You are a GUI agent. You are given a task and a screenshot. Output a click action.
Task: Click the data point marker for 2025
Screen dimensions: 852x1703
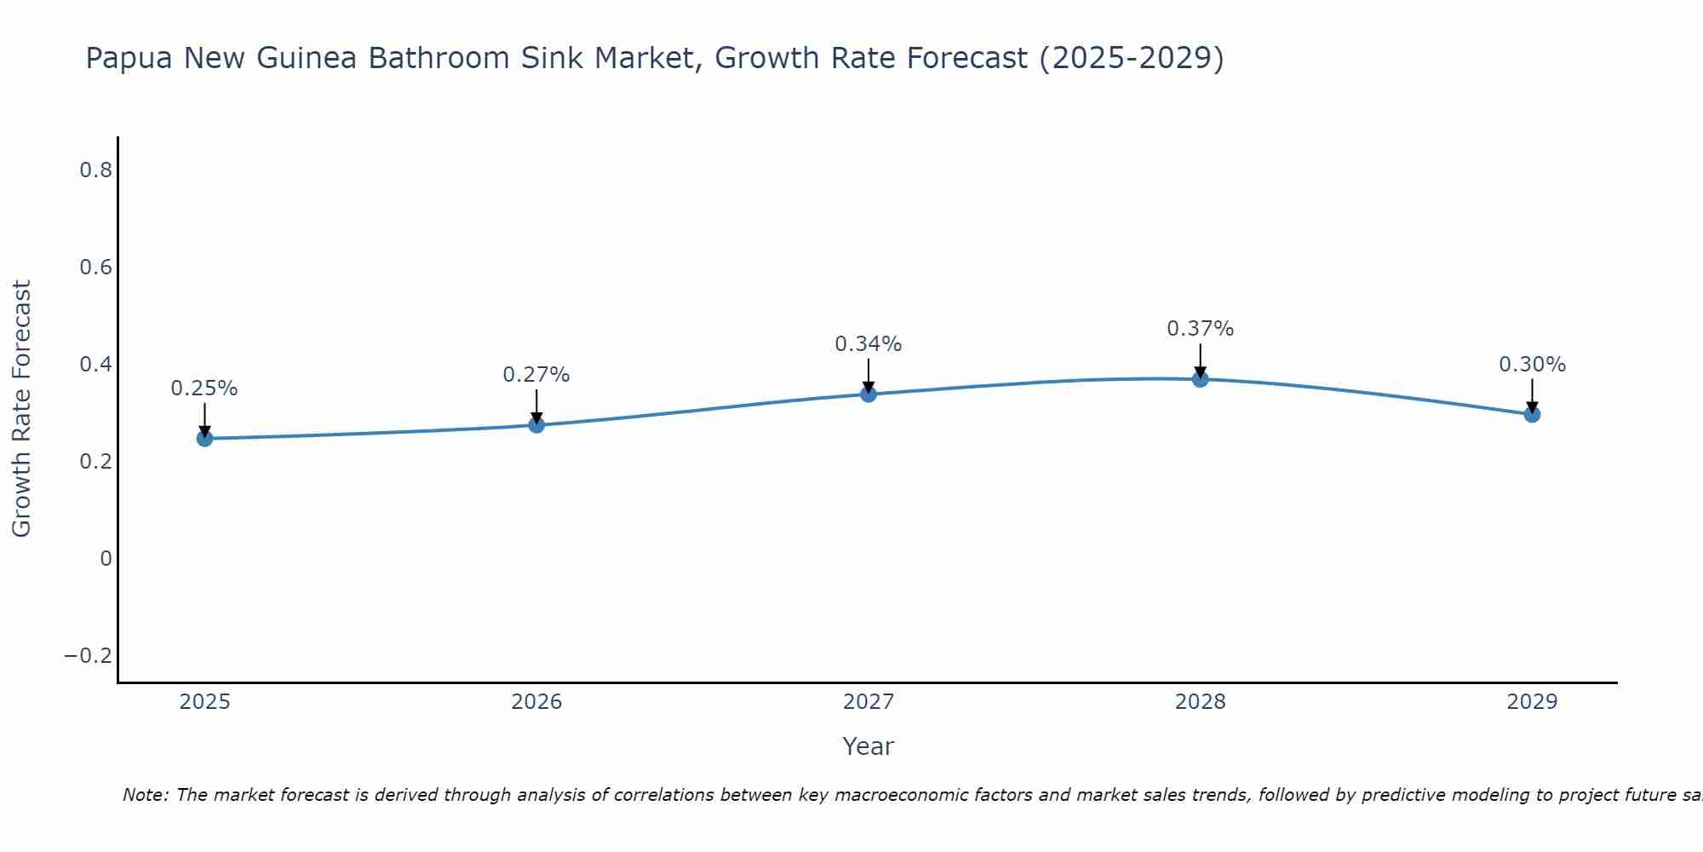[x=204, y=438]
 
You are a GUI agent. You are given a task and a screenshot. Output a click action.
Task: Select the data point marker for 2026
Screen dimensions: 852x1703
[x=536, y=424]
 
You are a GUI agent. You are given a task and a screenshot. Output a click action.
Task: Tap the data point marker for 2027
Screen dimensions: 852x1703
[x=869, y=394]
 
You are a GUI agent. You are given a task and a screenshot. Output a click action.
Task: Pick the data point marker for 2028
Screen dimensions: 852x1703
[x=1200, y=378]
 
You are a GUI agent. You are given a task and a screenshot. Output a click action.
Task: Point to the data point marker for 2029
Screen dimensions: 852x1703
[x=1532, y=414]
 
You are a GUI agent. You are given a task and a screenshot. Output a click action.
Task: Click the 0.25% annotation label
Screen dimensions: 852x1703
[x=204, y=389]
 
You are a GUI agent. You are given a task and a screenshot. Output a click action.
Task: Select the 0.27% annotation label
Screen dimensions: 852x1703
[x=536, y=375]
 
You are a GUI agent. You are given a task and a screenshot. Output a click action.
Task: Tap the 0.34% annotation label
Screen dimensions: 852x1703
[x=869, y=344]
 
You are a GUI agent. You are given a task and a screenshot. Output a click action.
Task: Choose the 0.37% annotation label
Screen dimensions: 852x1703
[x=1200, y=329]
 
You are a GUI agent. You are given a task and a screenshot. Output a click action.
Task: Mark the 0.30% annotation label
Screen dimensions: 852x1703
[x=1532, y=365]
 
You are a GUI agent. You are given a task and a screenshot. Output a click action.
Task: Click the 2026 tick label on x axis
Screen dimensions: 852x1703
[x=536, y=702]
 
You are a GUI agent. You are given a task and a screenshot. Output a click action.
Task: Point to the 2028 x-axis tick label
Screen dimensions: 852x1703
[x=1200, y=702]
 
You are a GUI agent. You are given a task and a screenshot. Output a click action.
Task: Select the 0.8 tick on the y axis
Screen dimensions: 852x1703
[x=96, y=170]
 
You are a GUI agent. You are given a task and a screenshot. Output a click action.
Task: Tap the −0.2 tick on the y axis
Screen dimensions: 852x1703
[x=89, y=656]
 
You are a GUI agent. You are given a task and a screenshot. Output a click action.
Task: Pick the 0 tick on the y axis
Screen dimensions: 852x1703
[x=106, y=559]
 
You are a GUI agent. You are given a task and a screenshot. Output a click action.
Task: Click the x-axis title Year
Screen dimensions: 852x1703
[x=868, y=746]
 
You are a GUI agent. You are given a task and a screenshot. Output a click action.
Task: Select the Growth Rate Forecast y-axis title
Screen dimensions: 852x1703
[x=21, y=409]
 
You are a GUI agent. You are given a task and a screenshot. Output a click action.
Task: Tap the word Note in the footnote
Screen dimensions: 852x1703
[x=146, y=795]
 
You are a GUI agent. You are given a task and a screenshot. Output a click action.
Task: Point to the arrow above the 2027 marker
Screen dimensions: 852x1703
[x=869, y=375]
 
